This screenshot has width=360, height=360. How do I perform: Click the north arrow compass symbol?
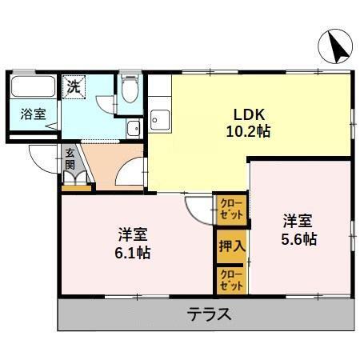click(335, 48)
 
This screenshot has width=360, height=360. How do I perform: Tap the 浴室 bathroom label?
click(30, 114)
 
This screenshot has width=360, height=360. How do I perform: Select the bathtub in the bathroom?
click(32, 87)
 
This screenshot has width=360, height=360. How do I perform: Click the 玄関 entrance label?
click(70, 158)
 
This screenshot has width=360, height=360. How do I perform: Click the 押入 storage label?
click(230, 247)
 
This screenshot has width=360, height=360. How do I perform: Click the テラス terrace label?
click(210, 314)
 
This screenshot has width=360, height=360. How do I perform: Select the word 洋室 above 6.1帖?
click(133, 235)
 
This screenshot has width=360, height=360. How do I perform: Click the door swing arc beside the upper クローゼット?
click(198, 209)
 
